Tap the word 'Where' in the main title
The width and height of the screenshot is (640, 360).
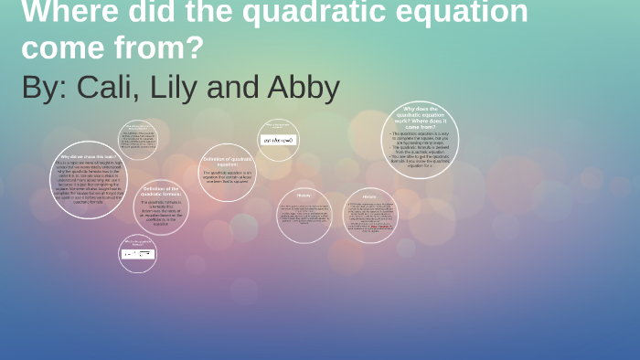click(59, 13)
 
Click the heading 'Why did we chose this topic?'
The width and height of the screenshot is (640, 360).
click(88, 155)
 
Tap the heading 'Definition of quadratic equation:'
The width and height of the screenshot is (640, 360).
click(227, 161)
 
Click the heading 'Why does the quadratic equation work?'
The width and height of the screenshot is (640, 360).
click(420, 117)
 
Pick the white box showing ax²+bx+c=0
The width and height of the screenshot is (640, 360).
click(278, 140)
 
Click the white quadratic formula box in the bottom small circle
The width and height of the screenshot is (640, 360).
click(137, 253)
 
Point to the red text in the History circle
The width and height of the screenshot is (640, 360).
click(382, 227)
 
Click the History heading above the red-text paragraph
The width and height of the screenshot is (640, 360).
click(369, 196)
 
